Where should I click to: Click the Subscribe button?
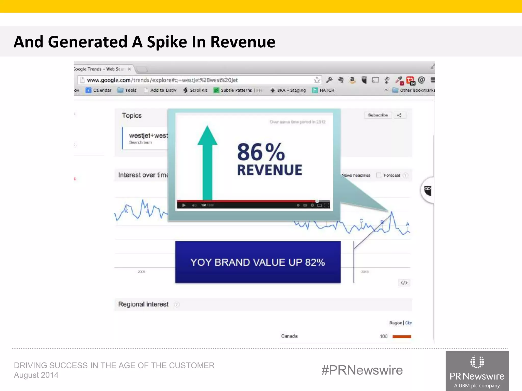(x=378, y=115)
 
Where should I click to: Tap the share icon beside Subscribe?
(x=399, y=115)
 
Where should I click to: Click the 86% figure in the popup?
(x=261, y=152)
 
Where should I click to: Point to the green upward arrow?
(x=207, y=163)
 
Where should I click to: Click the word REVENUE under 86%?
(x=269, y=170)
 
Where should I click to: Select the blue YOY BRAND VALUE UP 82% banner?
(x=258, y=262)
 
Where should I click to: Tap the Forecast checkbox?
(x=379, y=175)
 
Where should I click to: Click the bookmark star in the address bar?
(x=317, y=80)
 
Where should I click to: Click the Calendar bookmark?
(x=99, y=90)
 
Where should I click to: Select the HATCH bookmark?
(x=323, y=90)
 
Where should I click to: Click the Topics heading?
(x=132, y=116)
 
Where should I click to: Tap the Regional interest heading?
(x=143, y=304)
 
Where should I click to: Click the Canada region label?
(x=289, y=336)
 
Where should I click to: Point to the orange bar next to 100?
(x=402, y=337)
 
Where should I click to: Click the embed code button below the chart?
(x=404, y=283)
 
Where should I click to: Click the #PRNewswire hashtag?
(x=362, y=370)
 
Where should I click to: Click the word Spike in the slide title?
(x=167, y=42)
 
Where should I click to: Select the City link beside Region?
(x=409, y=323)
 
